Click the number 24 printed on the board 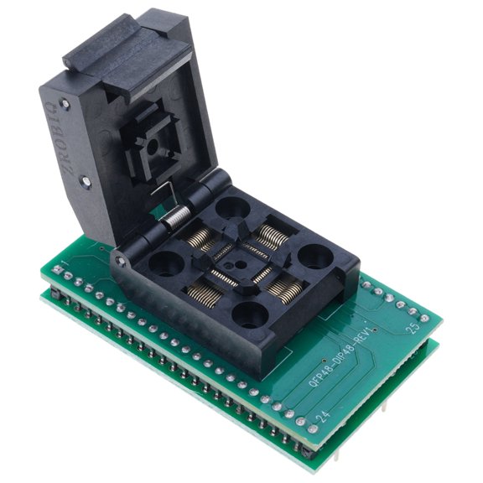pos(321,416)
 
